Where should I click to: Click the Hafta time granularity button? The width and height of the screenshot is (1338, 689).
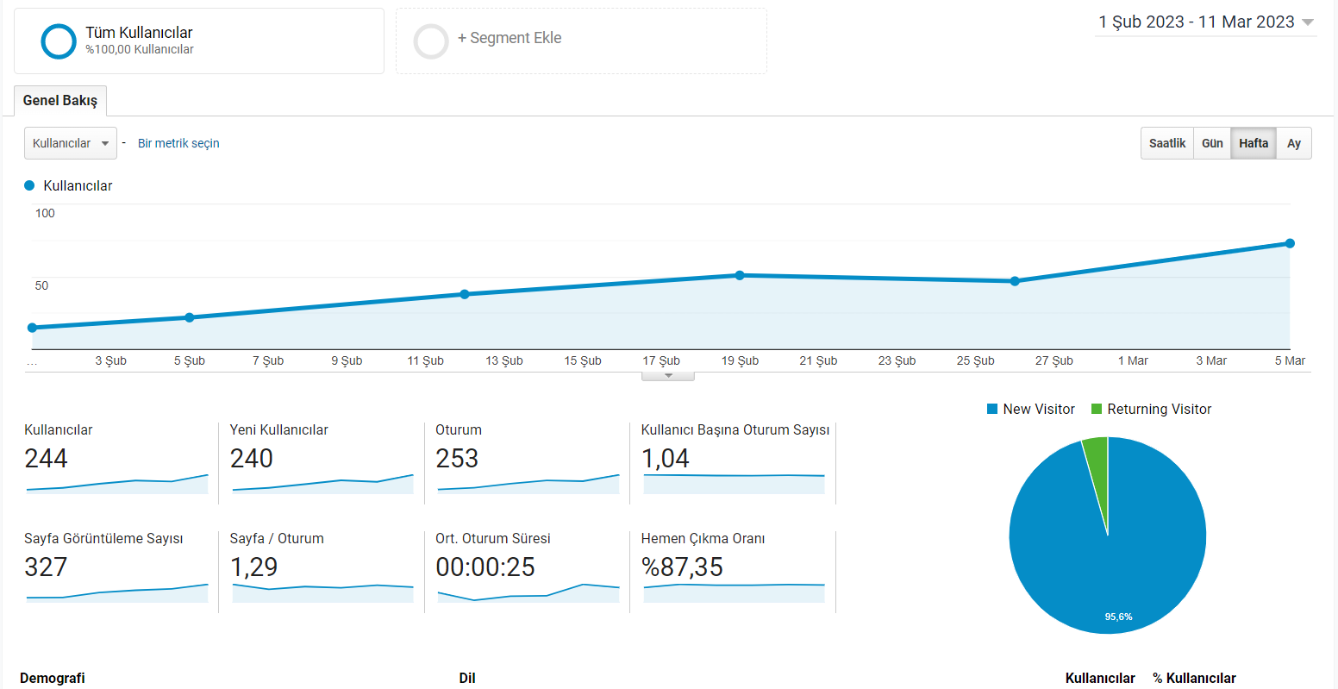tap(1254, 143)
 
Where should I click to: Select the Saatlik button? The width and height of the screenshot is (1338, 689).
tap(1167, 143)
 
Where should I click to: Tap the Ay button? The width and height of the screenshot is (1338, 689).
tap(1294, 143)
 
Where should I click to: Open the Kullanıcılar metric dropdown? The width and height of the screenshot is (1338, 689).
tap(71, 143)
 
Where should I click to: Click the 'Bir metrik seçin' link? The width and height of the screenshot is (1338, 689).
tap(178, 143)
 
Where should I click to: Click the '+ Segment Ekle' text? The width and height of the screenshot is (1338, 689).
tap(510, 38)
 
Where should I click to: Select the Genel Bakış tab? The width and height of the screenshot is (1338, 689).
tap(60, 100)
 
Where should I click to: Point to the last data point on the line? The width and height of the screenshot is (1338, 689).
tap(1291, 243)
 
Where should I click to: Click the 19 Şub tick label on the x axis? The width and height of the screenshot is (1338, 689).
tap(740, 361)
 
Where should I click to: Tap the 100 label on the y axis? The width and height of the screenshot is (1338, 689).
tap(45, 213)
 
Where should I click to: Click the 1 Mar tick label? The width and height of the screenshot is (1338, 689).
tap(1133, 361)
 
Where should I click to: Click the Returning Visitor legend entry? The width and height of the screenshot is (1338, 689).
tap(1151, 410)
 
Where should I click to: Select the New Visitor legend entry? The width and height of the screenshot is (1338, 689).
tap(1031, 410)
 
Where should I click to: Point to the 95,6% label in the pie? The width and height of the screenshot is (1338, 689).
tap(1118, 617)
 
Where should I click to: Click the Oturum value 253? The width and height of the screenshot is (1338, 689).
tap(457, 459)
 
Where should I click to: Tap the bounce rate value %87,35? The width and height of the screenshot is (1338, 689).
tap(682, 567)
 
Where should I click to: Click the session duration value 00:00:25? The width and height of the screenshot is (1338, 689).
tap(485, 567)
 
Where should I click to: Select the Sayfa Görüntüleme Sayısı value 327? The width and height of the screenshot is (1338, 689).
tap(46, 567)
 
